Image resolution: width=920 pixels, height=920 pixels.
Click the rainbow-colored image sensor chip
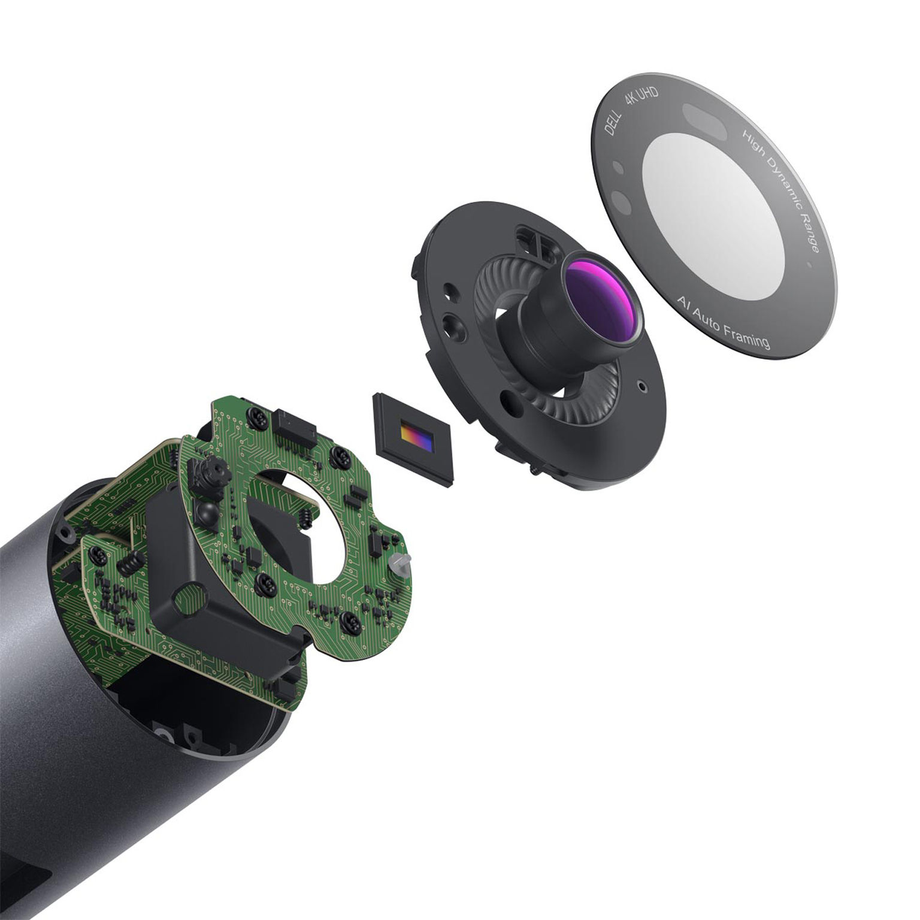click(416, 438)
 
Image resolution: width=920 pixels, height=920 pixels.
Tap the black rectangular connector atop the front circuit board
click(293, 426)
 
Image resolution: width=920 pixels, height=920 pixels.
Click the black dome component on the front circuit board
click(205, 511)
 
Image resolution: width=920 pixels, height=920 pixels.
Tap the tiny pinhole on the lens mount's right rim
click(643, 387)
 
